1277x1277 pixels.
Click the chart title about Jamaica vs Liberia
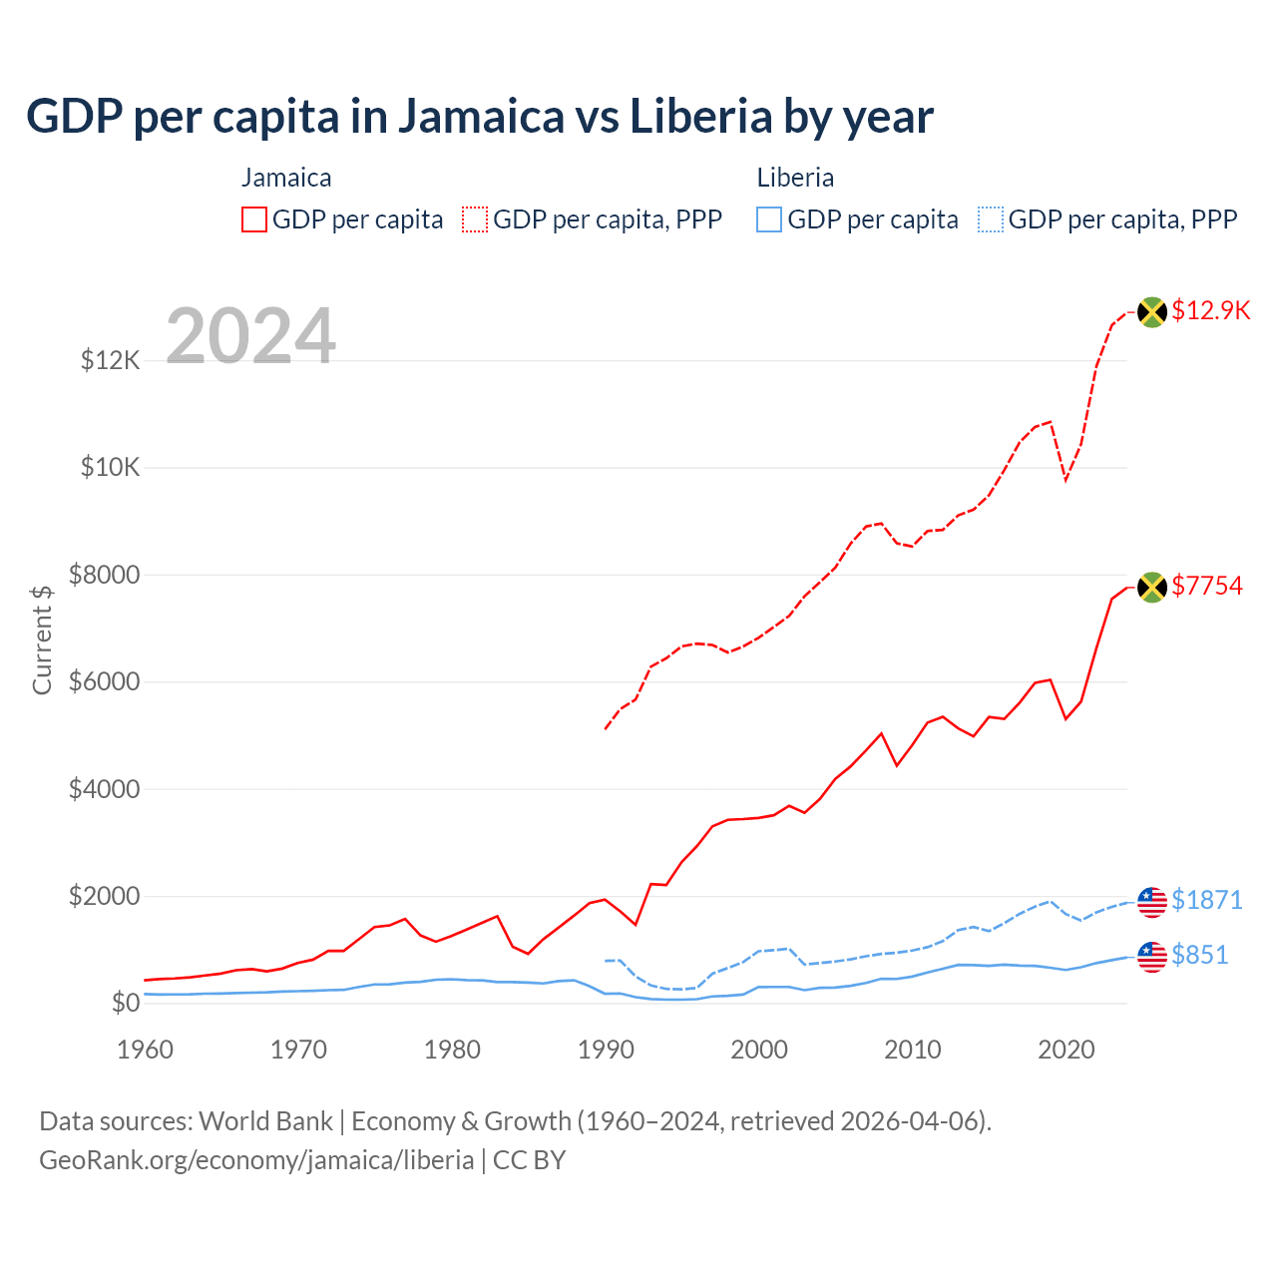click(x=479, y=117)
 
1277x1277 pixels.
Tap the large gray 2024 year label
click(x=250, y=336)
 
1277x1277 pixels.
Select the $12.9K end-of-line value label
click(x=1210, y=310)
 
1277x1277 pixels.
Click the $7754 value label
click(x=1207, y=586)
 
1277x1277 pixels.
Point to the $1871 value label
click(x=1207, y=900)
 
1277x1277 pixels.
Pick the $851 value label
click(x=1199, y=955)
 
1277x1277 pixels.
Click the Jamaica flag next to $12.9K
click(x=1152, y=311)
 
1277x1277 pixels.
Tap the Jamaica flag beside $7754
click(x=1152, y=587)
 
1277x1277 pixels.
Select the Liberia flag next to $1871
click(x=1152, y=901)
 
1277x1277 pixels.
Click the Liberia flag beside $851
click(x=1152, y=956)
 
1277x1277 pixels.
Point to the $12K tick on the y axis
click(x=111, y=360)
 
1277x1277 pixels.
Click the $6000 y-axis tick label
click(x=104, y=682)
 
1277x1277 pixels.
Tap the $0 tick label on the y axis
click(x=125, y=1003)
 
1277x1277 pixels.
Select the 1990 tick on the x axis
click(x=606, y=1050)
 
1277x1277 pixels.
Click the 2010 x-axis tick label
click(x=913, y=1050)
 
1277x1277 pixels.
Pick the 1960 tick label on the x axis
click(x=146, y=1050)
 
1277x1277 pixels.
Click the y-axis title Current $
click(x=42, y=639)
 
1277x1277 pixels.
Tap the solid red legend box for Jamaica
click(x=254, y=219)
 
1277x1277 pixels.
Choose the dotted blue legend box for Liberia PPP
click(x=991, y=219)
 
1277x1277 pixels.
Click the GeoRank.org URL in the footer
click(x=256, y=1160)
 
